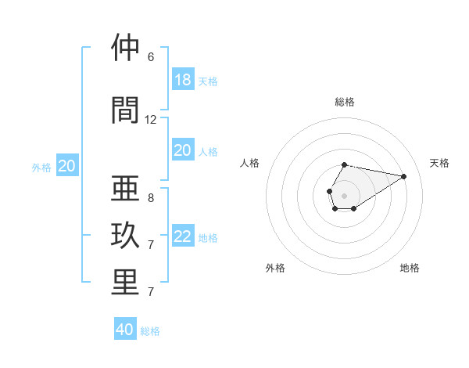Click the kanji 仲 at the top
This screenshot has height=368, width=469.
click(x=125, y=48)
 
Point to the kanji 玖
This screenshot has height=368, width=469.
click(x=125, y=236)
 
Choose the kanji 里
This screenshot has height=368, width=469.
click(x=125, y=283)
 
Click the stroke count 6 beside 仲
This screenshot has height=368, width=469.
click(x=151, y=57)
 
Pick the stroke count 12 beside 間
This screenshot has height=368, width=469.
click(x=151, y=120)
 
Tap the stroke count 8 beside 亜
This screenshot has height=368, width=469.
click(x=151, y=198)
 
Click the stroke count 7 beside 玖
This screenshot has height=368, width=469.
click(x=151, y=245)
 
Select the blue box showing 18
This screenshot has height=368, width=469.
click(x=183, y=80)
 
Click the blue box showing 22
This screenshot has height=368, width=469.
click(x=183, y=236)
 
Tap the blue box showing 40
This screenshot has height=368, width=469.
click(x=125, y=330)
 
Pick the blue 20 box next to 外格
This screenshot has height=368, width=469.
click(x=67, y=166)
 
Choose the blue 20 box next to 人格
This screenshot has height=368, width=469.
click(x=183, y=150)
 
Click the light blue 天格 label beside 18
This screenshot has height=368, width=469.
click(x=208, y=81)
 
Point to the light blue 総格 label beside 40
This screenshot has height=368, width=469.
click(x=150, y=330)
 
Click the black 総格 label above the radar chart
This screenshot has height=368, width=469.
click(x=345, y=102)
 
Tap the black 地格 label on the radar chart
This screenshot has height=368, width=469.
click(x=410, y=268)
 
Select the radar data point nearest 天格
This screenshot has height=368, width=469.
click(x=404, y=176)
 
